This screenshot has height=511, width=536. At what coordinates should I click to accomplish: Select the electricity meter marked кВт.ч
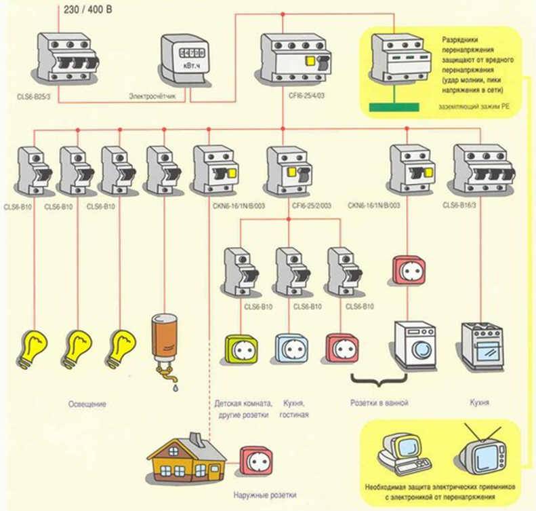182,59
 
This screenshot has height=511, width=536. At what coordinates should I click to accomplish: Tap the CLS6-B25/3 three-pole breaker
66,59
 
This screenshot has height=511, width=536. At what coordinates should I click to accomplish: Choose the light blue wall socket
291,348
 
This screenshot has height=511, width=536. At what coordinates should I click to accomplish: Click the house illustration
187,459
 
